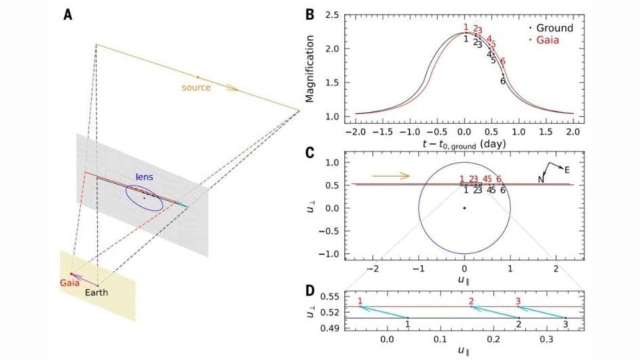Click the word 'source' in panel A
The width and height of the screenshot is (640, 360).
(196, 88)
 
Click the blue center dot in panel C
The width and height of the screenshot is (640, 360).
(464, 208)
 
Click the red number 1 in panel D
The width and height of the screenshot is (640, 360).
(360, 301)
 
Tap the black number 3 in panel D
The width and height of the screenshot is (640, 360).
(565, 324)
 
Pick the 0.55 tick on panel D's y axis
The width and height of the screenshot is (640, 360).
(344, 295)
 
